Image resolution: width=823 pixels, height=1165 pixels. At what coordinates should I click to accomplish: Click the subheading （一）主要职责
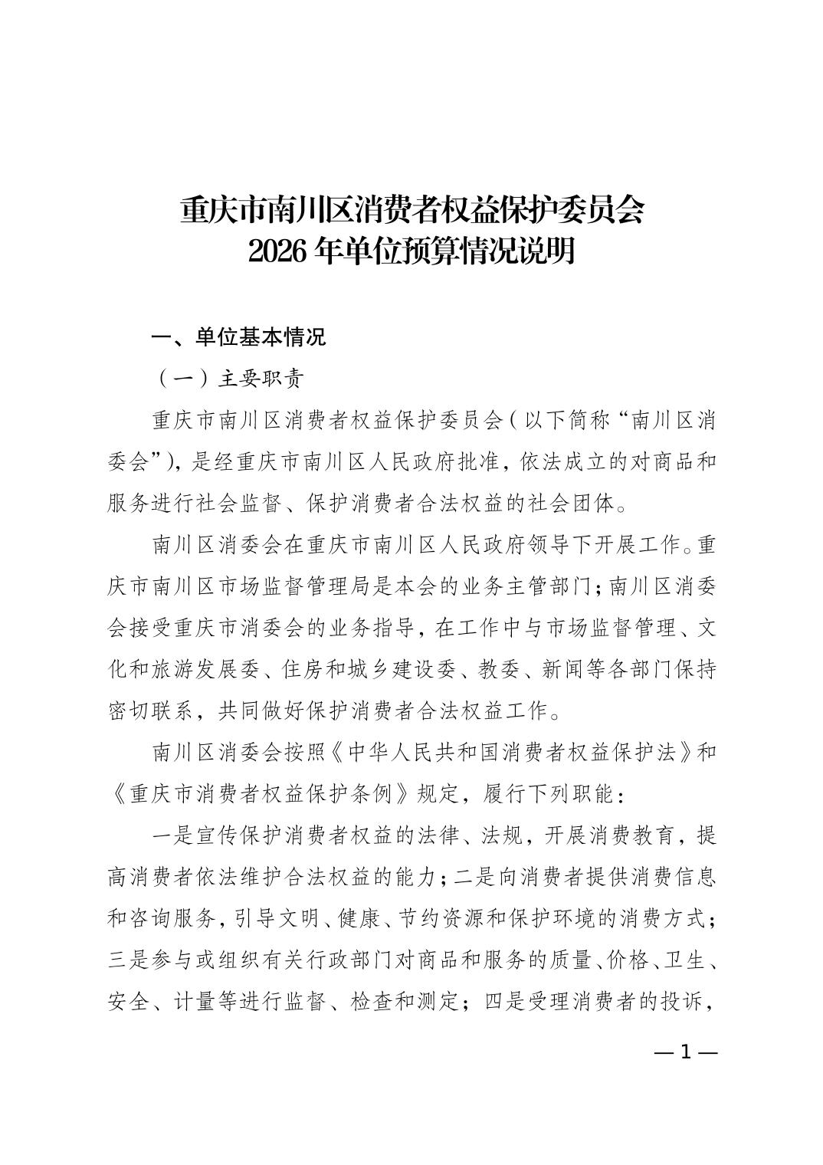[x=228, y=379]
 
